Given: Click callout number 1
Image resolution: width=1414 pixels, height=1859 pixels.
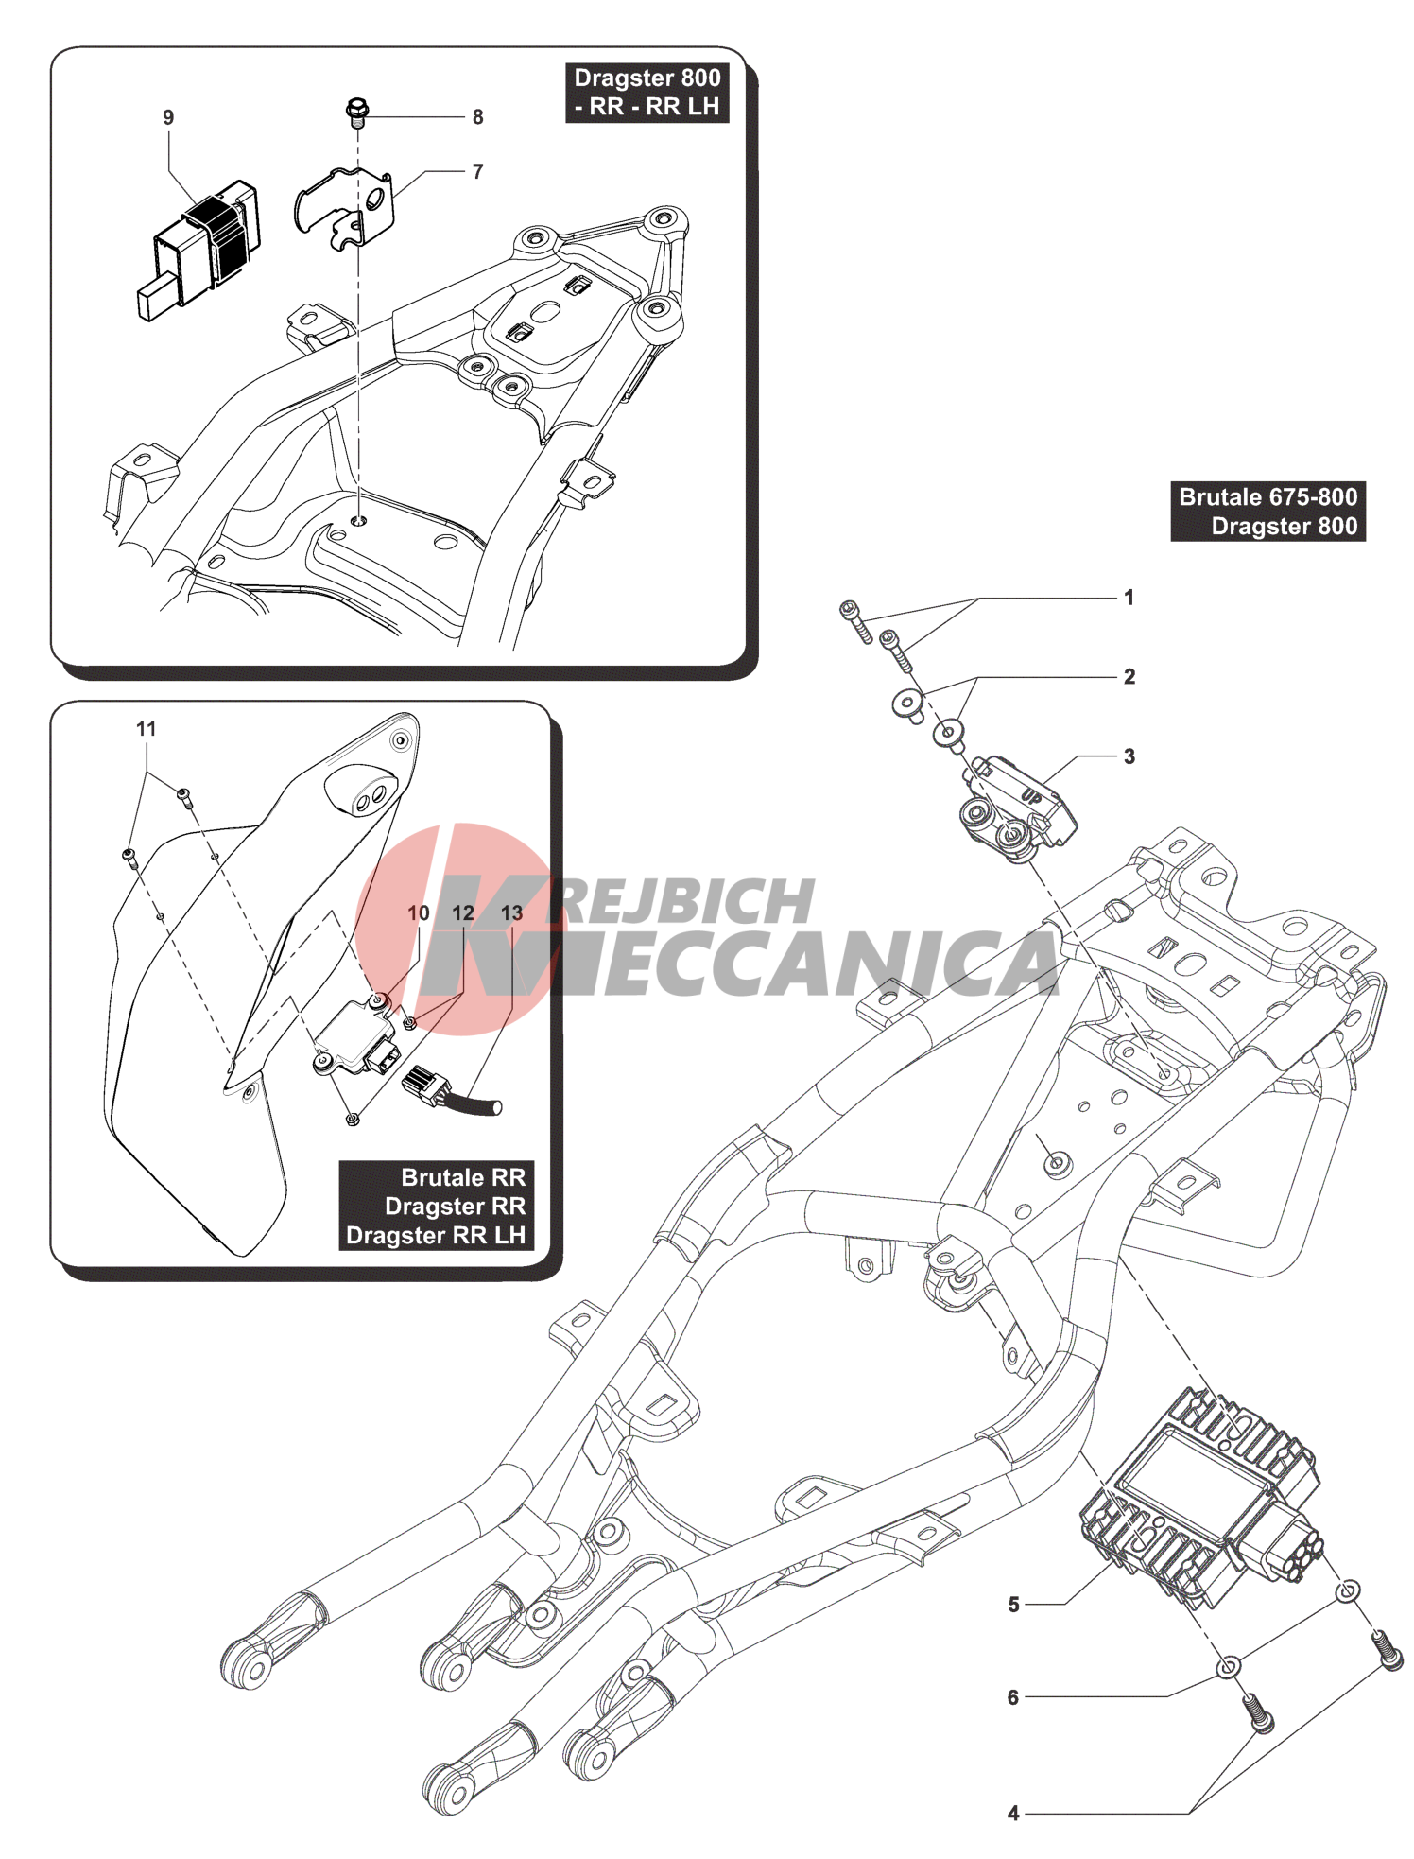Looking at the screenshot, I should [x=1128, y=598].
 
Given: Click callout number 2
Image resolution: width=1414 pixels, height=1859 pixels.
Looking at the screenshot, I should [x=1129, y=677].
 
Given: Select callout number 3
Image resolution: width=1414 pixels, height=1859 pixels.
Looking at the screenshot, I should [x=1129, y=756].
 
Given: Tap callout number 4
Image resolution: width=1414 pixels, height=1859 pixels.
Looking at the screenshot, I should [x=1013, y=1814].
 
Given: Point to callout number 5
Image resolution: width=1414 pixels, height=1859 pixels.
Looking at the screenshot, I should [x=1013, y=1605].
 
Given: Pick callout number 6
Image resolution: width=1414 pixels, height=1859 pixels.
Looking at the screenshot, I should [x=1013, y=1697].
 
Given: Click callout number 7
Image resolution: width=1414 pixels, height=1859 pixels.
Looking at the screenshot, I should [x=477, y=171].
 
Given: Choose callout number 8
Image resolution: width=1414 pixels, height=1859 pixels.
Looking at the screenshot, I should [x=477, y=117].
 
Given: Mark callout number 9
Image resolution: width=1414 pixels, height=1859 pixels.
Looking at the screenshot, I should [x=168, y=117].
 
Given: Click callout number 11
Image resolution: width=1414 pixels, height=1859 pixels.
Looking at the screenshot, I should [x=146, y=729].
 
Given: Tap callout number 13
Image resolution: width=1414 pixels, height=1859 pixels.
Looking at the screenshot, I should [x=511, y=913].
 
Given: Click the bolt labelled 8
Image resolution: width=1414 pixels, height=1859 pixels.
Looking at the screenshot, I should [x=356, y=112].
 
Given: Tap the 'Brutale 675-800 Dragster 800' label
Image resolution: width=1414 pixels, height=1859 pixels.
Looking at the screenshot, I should [x=1267, y=512].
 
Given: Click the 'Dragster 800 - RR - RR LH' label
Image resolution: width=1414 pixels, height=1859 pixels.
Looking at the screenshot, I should [x=647, y=92].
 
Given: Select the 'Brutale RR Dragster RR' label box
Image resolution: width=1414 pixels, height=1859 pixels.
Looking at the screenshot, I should [x=436, y=1206].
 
